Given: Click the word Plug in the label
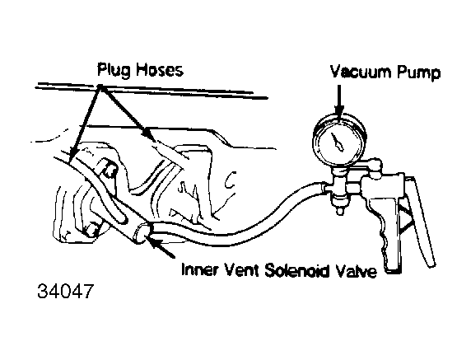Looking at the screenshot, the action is point(114,71).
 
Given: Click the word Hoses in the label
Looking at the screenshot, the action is point(160,70).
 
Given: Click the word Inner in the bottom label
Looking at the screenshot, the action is point(199,269).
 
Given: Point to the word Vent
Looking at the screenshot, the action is point(241,269).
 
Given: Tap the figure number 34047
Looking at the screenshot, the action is point(65,291).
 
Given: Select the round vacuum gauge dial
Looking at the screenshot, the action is point(339,140).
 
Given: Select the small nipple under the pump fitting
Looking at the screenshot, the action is point(339,210).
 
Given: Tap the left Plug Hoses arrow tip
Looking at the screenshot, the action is point(71,156).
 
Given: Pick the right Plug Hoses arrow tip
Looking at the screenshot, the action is point(147,133).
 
